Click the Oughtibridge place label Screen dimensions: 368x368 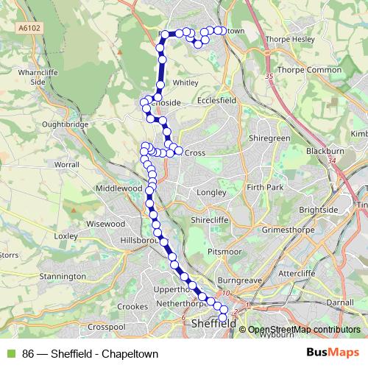tap(66, 124)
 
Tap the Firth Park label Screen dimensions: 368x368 tap(265, 188)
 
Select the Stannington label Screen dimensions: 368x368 tap(63, 276)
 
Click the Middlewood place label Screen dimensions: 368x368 tap(118, 188)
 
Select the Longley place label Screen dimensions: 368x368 tap(211, 194)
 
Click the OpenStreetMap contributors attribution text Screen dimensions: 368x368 tap(303, 329)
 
